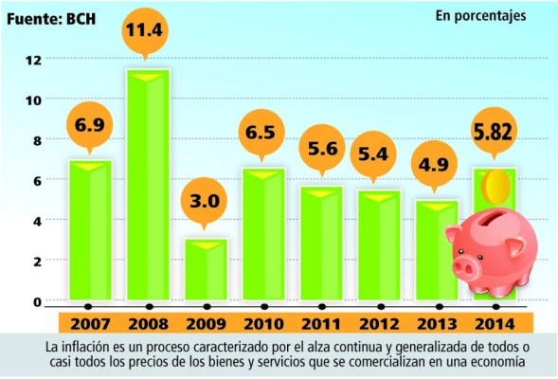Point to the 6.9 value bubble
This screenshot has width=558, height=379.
coord(89,125)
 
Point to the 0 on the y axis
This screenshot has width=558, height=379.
coord(37,301)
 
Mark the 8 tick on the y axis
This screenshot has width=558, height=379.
coord(37,140)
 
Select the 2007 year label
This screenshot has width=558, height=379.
coord(89,322)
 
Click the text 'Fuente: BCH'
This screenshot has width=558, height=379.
coord(55,15)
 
